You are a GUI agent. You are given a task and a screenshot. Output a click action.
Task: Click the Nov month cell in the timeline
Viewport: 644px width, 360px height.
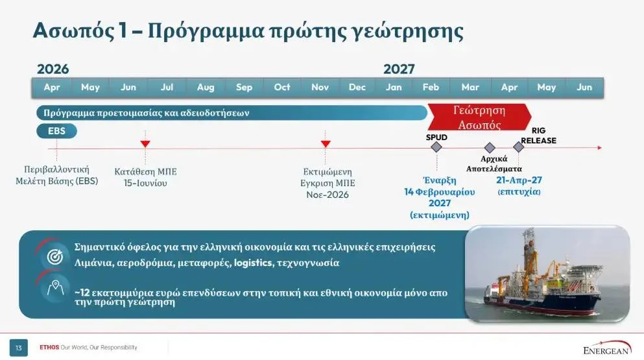coord(320,88)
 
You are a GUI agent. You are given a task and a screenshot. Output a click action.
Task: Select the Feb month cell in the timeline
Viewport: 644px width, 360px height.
coord(431,88)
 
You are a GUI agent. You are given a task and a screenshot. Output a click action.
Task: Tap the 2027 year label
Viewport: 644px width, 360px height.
coord(399,69)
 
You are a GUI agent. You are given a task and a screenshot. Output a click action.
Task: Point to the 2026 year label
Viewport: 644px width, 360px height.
coord(53,69)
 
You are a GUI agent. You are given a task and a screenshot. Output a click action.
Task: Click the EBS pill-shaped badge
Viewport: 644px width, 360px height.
coord(56,131)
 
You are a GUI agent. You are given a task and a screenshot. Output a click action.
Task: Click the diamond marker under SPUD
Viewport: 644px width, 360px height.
coord(436,147)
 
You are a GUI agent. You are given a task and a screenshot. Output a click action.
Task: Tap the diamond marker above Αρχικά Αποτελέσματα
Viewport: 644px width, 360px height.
coord(490,148)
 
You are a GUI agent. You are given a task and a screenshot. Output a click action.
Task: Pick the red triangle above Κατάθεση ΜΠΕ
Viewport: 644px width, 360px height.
coord(145,143)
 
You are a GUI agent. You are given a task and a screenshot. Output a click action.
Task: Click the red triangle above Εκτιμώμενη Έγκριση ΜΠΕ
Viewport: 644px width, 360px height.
coord(326,143)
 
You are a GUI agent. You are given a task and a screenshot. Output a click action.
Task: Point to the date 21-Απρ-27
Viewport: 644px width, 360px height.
coord(518,180)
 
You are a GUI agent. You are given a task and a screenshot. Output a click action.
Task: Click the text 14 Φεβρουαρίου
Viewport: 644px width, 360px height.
coord(440,192)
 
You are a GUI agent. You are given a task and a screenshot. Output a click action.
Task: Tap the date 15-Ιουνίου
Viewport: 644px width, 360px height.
coord(145,184)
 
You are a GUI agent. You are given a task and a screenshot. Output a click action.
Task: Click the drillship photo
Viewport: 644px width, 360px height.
coord(547,272)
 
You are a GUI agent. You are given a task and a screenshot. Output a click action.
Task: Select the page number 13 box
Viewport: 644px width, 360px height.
coord(19,348)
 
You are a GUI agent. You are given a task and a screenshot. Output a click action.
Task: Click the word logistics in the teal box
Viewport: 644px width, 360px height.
coord(254,263)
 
